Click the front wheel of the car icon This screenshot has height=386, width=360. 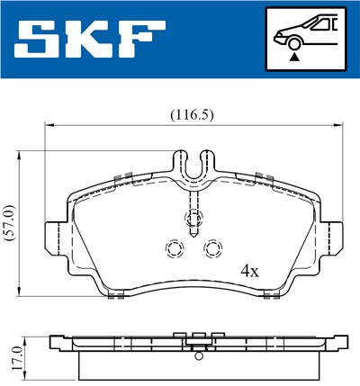(293, 45)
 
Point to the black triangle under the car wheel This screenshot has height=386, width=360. (293, 58)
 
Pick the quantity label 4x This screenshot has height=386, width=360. (249, 269)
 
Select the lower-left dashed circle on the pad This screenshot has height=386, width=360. (175, 249)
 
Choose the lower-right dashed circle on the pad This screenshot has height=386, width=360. (213, 249)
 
